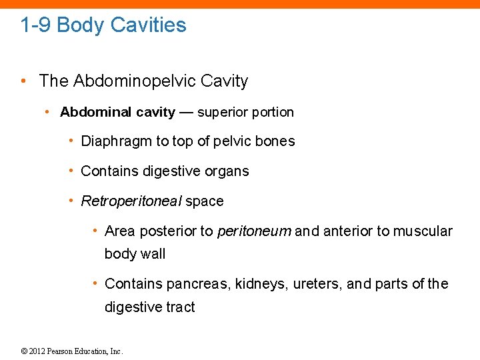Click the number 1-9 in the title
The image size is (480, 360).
click(35, 25)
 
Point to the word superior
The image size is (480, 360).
click(223, 112)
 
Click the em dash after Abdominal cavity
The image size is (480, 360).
click(186, 112)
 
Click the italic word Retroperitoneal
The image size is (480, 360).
click(131, 201)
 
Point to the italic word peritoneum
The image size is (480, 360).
click(254, 231)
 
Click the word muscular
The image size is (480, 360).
click(423, 231)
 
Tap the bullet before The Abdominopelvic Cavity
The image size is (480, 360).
click(23, 81)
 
